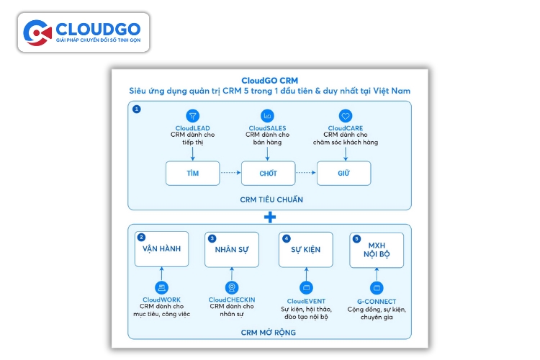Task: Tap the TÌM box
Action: (x=192, y=173)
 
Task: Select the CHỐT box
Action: (x=269, y=173)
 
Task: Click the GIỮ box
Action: (x=343, y=173)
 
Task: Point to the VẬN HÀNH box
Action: (x=161, y=249)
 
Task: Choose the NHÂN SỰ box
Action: (x=232, y=249)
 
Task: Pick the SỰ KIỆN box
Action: (x=305, y=249)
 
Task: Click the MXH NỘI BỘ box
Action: (x=377, y=249)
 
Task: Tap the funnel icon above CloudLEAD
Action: (x=192, y=115)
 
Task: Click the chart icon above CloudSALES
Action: (x=268, y=115)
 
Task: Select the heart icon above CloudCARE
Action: (x=346, y=115)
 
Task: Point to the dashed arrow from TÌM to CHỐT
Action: (x=230, y=173)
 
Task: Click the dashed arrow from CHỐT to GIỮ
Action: (x=306, y=173)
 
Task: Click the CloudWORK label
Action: (x=161, y=300)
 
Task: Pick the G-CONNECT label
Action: (x=377, y=300)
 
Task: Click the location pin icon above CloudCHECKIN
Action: (x=232, y=287)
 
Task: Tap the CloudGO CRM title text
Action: (x=269, y=81)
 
